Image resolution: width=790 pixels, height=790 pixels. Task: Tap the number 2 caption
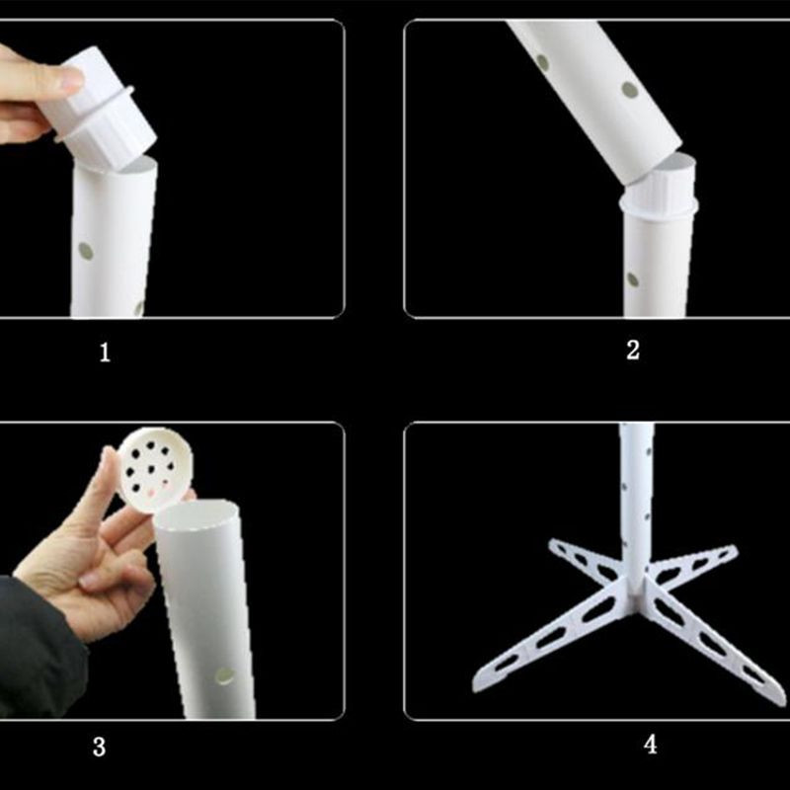(633, 349)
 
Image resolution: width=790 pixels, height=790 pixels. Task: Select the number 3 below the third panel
(99, 747)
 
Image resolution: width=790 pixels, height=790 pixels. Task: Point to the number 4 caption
(649, 744)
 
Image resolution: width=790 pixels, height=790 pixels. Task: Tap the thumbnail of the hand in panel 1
(67, 80)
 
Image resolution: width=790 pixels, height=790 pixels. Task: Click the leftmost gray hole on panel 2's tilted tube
(542, 62)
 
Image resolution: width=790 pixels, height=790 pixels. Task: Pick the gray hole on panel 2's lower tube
(632, 279)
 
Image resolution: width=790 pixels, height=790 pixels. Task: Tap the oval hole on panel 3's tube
(225, 675)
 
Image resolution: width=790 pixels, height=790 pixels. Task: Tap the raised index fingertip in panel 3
(108, 458)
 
